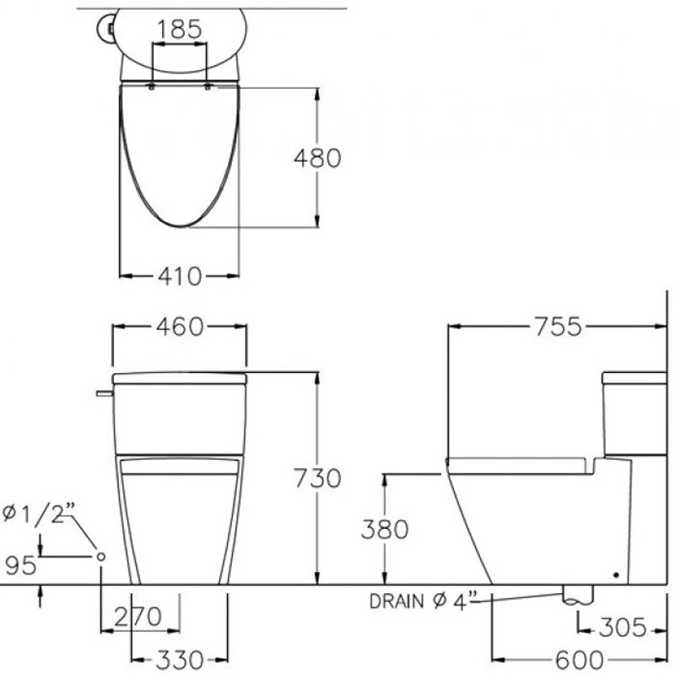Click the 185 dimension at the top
click(180, 29)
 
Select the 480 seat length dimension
click(316, 157)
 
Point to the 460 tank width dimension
click(181, 327)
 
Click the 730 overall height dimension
click(316, 478)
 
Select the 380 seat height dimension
click(385, 529)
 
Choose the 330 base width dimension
click(179, 657)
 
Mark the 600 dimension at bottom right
click(579, 657)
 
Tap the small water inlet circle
click(101, 556)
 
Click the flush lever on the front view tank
click(104, 392)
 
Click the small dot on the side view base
click(615, 575)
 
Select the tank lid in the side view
click(634, 376)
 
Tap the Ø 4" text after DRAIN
click(457, 601)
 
